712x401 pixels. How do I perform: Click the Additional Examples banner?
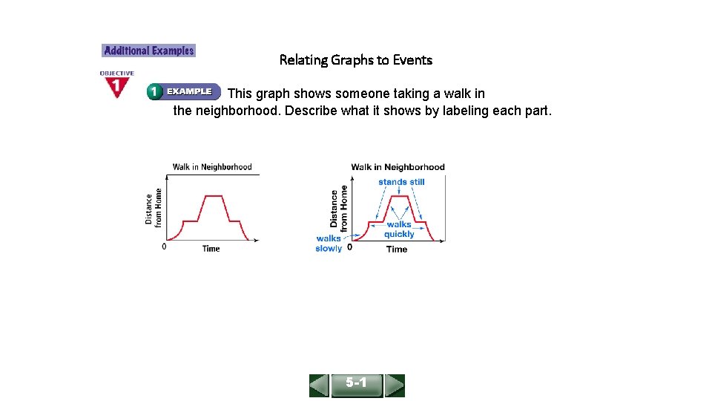[x=148, y=51]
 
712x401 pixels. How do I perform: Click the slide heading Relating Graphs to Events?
[x=355, y=60]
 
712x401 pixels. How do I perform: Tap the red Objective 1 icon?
[x=116, y=85]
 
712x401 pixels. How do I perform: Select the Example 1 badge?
[x=183, y=92]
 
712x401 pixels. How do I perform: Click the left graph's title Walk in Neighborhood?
[x=212, y=167]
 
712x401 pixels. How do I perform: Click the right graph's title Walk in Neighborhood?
[x=398, y=167]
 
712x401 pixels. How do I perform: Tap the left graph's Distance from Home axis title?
[x=154, y=206]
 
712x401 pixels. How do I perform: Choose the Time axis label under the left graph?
[x=211, y=249]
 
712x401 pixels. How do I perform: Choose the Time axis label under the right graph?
[x=397, y=250]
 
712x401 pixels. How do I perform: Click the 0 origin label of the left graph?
[x=164, y=247]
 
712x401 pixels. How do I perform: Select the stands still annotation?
[x=401, y=182]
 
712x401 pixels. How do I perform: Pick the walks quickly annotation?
[x=399, y=229]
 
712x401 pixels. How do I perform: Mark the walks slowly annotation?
[x=329, y=244]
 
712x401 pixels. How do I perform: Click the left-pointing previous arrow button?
[x=320, y=385]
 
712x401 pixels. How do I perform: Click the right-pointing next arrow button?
[x=395, y=385]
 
